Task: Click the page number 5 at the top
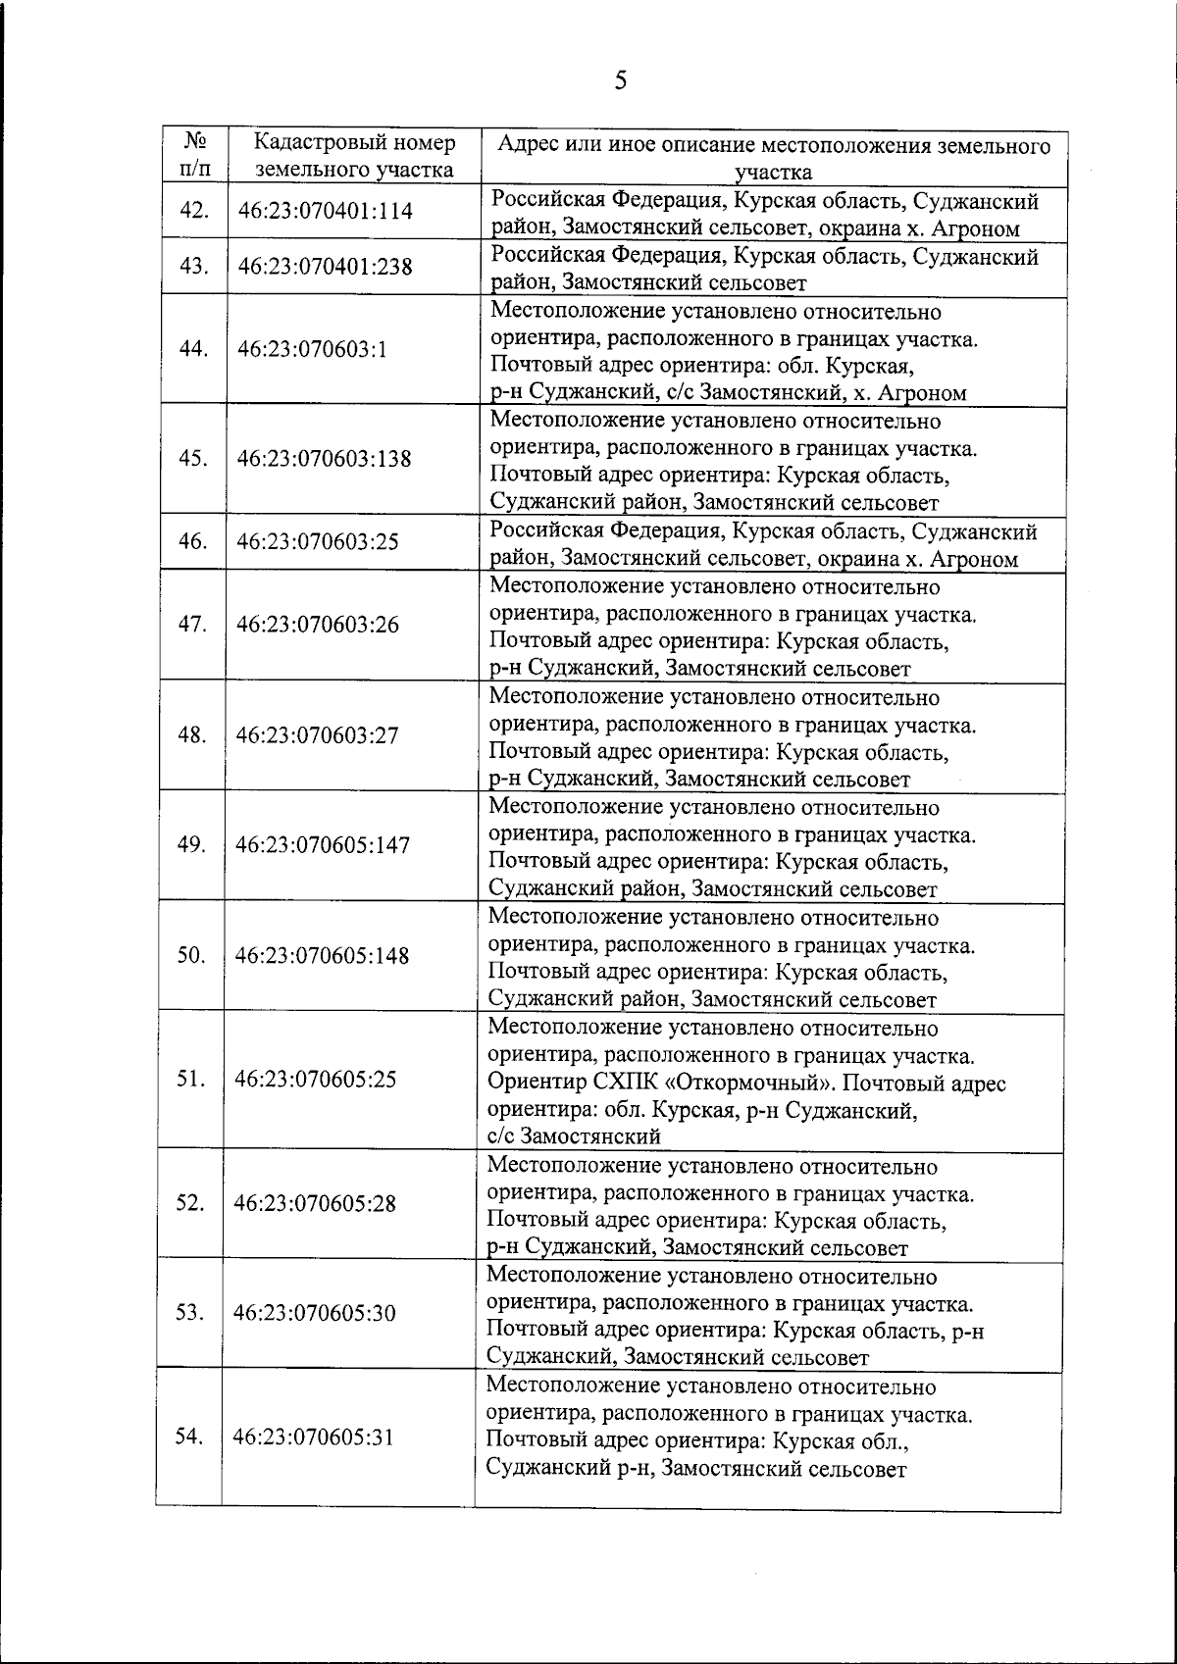click(x=619, y=80)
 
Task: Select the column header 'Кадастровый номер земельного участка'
click(x=354, y=157)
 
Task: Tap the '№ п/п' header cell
click(x=193, y=156)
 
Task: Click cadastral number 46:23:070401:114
click(x=325, y=211)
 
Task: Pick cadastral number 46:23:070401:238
click(x=325, y=267)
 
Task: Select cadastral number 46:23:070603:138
click(x=325, y=459)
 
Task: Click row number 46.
click(x=192, y=541)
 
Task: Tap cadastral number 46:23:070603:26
click(x=318, y=625)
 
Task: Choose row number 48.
click(x=191, y=734)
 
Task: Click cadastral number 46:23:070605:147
click(x=323, y=845)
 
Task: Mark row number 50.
click(x=190, y=955)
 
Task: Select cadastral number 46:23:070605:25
click(x=316, y=1080)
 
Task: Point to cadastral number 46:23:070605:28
click(x=315, y=1204)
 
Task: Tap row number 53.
click(x=189, y=1312)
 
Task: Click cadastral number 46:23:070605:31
click(x=313, y=1437)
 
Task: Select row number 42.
click(x=193, y=211)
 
